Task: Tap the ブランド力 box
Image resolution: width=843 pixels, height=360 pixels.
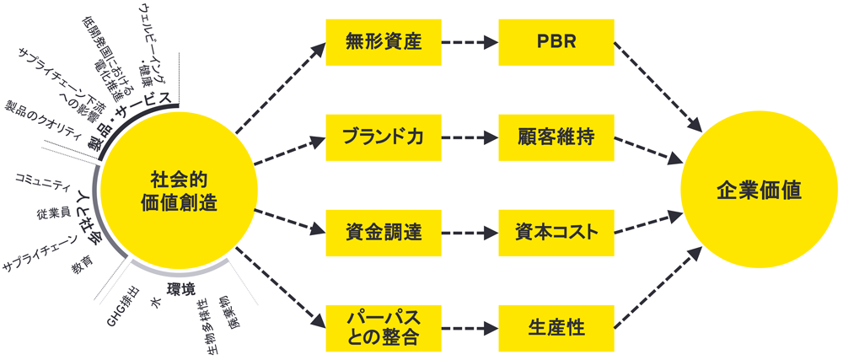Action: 383,137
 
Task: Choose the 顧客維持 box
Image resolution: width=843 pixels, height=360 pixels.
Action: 556,137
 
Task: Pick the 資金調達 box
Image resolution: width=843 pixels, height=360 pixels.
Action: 383,230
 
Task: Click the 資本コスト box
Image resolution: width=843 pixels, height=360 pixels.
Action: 556,230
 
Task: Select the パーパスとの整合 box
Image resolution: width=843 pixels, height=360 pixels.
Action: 383,328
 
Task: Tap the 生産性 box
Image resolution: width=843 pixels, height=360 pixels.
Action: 556,328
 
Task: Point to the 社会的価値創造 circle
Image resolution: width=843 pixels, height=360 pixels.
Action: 178,191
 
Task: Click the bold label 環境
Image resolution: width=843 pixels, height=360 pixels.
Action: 181,289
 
